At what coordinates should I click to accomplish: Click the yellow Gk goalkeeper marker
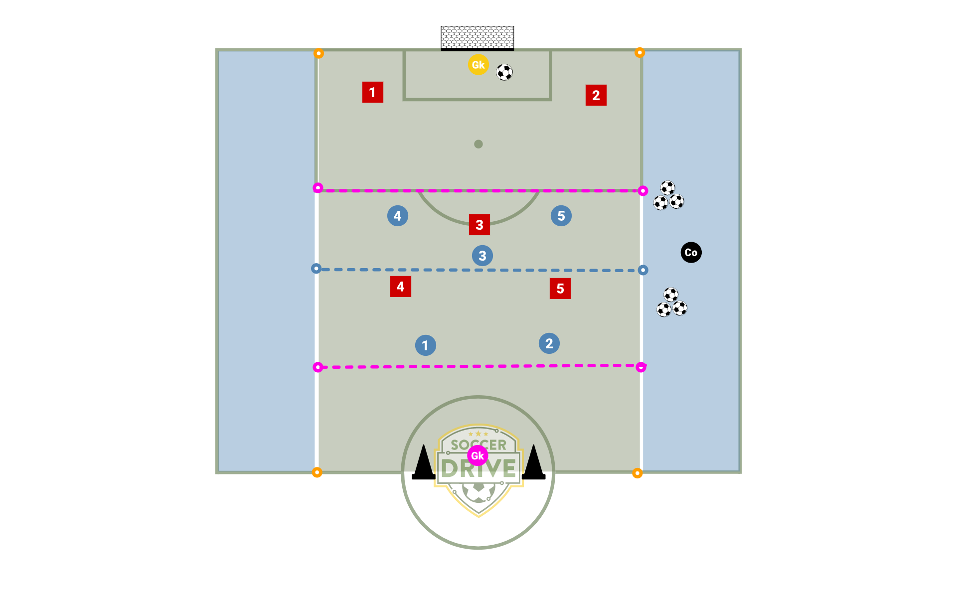[x=478, y=65]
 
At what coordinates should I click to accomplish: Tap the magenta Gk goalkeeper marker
[x=478, y=455]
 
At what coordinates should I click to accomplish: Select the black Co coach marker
[x=691, y=253]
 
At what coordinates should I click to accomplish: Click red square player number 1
[x=372, y=92]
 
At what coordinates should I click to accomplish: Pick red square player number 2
[x=596, y=95]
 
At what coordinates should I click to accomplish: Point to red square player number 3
[x=479, y=225]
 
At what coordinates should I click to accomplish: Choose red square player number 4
[x=400, y=287]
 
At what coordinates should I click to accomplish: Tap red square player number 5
[x=560, y=289]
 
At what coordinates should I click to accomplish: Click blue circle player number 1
[x=425, y=345]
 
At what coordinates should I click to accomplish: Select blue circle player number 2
[x=549, y=343]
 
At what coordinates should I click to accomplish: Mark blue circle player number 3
[x=482, y=256]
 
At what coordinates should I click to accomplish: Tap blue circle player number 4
[x=397, y=216]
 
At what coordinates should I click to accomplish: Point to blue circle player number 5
[x=561, y=216]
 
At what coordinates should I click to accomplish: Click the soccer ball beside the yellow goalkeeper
[x=504, y=72]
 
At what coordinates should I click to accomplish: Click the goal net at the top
[x=477, y=37]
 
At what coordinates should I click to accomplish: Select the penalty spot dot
[x=478, y=144]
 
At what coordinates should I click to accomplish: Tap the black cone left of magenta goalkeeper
[x=424, y=463]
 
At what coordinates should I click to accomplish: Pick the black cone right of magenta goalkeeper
[x=533, y=463]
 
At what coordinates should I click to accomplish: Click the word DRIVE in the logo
[x=478, y=469]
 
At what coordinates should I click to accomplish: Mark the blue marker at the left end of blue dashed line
[x=316, y=269]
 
